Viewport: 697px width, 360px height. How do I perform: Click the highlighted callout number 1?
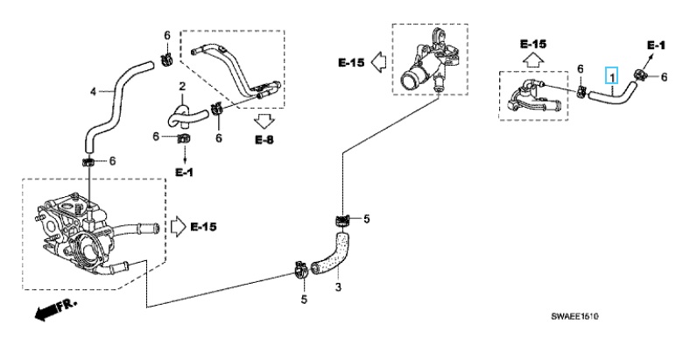[612, 77]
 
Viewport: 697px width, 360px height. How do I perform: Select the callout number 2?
[182, 86]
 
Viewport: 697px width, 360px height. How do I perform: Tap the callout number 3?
[338, 287]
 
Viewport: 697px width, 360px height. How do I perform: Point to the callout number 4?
[93, 92]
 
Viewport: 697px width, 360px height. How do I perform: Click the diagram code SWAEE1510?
[574, 316]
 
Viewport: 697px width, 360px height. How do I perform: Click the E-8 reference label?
[264, 139]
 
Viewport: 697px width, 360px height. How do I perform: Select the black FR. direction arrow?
[49, 309]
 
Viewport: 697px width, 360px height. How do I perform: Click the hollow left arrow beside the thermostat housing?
[378, 61]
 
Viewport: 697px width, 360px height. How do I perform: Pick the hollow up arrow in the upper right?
[533, 59]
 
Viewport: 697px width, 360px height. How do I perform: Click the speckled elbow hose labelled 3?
[334, 255]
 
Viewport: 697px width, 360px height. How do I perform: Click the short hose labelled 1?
[612, 94]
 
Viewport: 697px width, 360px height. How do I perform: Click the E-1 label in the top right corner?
[656, 45]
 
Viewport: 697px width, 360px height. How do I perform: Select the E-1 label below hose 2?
[184, 173]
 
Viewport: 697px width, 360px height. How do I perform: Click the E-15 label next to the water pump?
[204, 227]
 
